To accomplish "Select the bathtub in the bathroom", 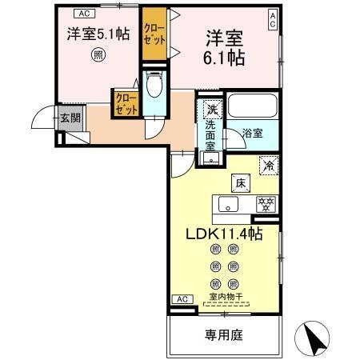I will [x=251, y=107].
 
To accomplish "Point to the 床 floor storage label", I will [x=239, y=183].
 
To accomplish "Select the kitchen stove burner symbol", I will [x=262, y=205].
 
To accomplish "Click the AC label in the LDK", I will [x=182, y=298].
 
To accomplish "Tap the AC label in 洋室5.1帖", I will [x=84, y=12].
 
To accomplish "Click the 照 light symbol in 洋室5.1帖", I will [x=97, y=54].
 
